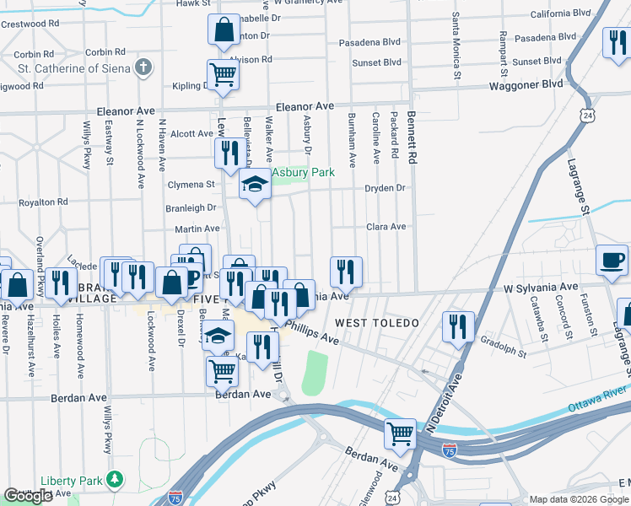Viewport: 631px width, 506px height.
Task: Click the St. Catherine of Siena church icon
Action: [144, 67]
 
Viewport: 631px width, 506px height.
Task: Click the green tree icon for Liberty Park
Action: [114, 480]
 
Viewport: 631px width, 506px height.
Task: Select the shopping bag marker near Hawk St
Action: [224, 30]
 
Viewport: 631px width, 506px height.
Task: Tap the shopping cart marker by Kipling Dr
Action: [224, 74]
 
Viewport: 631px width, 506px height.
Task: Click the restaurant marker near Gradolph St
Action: [458, 326]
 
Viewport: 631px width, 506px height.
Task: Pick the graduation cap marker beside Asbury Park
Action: [254, 184]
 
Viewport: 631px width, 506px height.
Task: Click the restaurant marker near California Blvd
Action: [617, 42]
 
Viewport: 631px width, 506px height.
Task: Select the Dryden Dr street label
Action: [385, 188]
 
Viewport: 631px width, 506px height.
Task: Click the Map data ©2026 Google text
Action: [578, 499]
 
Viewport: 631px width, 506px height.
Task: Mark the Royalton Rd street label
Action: [43, 202]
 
